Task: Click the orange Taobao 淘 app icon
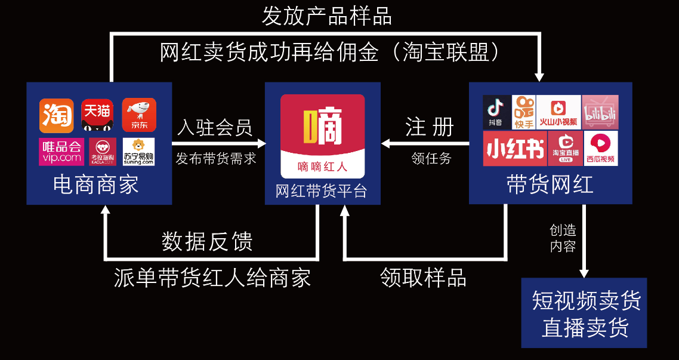(57, 115)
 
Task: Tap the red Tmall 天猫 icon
(97, 115)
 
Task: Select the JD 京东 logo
(138, 115)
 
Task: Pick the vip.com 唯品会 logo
(61, 152)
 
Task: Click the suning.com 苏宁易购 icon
(138, 152)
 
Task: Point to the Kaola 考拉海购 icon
(103, 152)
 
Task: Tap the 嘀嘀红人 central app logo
(322, 136)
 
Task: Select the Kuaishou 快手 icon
(523, 112)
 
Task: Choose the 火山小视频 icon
(558, 112)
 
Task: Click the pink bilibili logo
(600, 112)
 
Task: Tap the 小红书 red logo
(514, 149)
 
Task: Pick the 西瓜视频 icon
(601, 149)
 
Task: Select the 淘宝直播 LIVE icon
(564, 149)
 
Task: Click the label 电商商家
(96, 184)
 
